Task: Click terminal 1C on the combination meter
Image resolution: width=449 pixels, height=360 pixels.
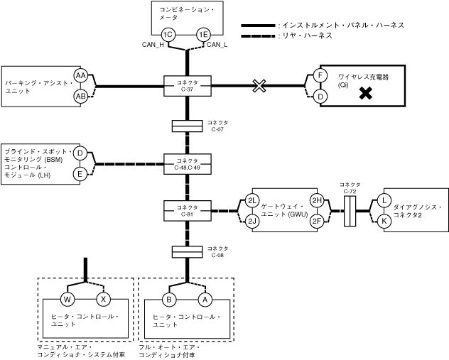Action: click(x=168, y=34)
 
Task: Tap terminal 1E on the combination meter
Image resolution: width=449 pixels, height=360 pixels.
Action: click(x=204, y=34)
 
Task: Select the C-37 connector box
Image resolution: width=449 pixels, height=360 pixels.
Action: click(x=187, y=87)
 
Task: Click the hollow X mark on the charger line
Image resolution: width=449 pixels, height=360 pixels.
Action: click(x=260, y=86)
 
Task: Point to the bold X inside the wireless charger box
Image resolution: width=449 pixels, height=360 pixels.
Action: click(x=366, y=92)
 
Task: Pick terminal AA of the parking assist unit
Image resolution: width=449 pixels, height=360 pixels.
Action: click(x=80, y=76)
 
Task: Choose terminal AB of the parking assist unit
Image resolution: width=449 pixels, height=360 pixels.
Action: click(x=80, y=96)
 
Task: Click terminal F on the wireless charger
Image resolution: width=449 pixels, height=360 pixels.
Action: click(x=320, y=76)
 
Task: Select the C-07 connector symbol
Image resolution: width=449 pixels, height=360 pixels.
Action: click(x=187, y=126)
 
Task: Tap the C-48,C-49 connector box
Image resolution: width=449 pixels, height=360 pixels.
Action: click(x=187, y=164)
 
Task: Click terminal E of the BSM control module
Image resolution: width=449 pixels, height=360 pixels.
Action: click(x=80, y=173)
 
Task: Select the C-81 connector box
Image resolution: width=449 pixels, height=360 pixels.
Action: click(x=187, y=210)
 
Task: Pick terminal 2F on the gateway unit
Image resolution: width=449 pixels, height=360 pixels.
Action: click(x=317, y=221)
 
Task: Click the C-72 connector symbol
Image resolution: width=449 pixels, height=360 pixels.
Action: click(x=349, y=211)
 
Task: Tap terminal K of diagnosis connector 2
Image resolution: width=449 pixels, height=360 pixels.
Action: click(x=384, y=221)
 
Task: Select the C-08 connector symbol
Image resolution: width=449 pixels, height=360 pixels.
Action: click(x=187, y=252)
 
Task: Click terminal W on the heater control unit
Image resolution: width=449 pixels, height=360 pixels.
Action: click(x=68, y=299)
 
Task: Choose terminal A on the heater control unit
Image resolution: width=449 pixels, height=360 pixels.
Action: click(x=206, y=299)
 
